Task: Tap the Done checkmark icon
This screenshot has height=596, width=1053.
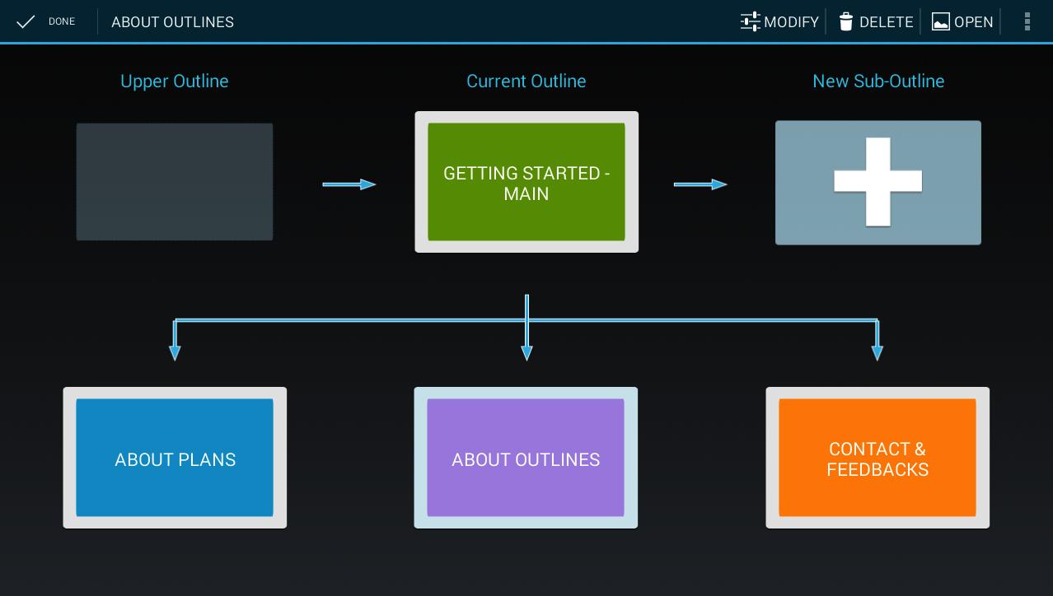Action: click(26, 21)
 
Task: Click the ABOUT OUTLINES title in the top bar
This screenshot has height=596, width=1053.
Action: click(172, 22)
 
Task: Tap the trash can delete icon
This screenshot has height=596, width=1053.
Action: click(845, 21)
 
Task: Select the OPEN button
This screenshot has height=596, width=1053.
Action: click(962, 22)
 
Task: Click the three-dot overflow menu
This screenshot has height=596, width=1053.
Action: click(1027, 21)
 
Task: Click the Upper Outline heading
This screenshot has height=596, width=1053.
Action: click(175, 81)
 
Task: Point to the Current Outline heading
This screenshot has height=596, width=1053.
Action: click(526, 81)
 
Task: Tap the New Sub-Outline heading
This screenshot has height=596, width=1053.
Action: click(878, 81)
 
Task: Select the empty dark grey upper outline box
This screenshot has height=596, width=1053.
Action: click(175, 182)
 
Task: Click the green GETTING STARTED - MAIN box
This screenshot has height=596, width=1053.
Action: click(526, 182)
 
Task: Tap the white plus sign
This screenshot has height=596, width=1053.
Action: click(877, 182)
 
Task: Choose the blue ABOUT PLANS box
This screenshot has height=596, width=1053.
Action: click(175, 458)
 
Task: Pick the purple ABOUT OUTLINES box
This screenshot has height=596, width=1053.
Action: click(526, 458)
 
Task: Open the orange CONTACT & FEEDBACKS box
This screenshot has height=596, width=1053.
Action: click(877, 458)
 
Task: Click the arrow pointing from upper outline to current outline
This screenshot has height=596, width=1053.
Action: click(349, 184)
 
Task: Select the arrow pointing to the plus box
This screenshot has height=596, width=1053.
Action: click(700, 184)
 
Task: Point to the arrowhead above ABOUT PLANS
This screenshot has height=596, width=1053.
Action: click(175, 353)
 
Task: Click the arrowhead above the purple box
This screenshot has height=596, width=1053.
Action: click(527, 353)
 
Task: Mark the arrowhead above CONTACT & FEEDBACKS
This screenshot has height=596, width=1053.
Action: click(877, 353)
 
